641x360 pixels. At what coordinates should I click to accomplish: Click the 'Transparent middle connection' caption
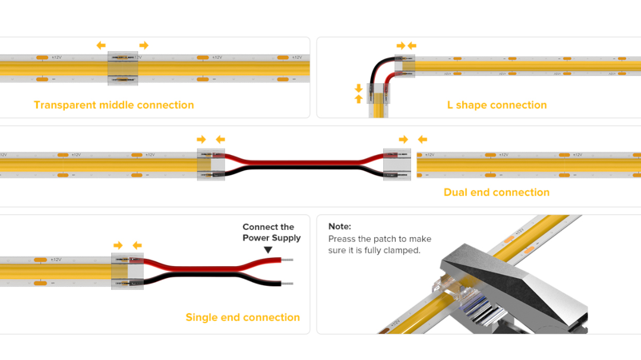tap(113, 105)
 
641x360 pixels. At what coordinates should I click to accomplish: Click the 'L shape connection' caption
tap(497, 105)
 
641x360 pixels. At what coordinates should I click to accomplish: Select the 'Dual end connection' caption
tap(496, 192)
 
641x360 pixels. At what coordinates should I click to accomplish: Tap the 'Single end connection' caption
tap(242, 317)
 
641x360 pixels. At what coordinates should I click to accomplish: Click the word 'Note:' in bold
tap(340, 226)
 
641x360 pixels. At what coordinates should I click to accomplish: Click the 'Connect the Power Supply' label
tap(271, 232)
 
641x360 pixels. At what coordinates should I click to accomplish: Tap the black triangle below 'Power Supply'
tap(268, 251)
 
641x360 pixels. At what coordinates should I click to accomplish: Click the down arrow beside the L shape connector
tap(358, 88)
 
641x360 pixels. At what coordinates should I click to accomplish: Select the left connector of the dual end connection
tap(211, 165)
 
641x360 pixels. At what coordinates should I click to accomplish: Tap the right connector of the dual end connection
tap(397, 165)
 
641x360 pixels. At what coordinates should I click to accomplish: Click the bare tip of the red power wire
tap(287, 260)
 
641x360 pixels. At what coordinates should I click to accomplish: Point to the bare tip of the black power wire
tap(287, 284)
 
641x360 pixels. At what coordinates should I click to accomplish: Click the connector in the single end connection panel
tap(127, 271)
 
